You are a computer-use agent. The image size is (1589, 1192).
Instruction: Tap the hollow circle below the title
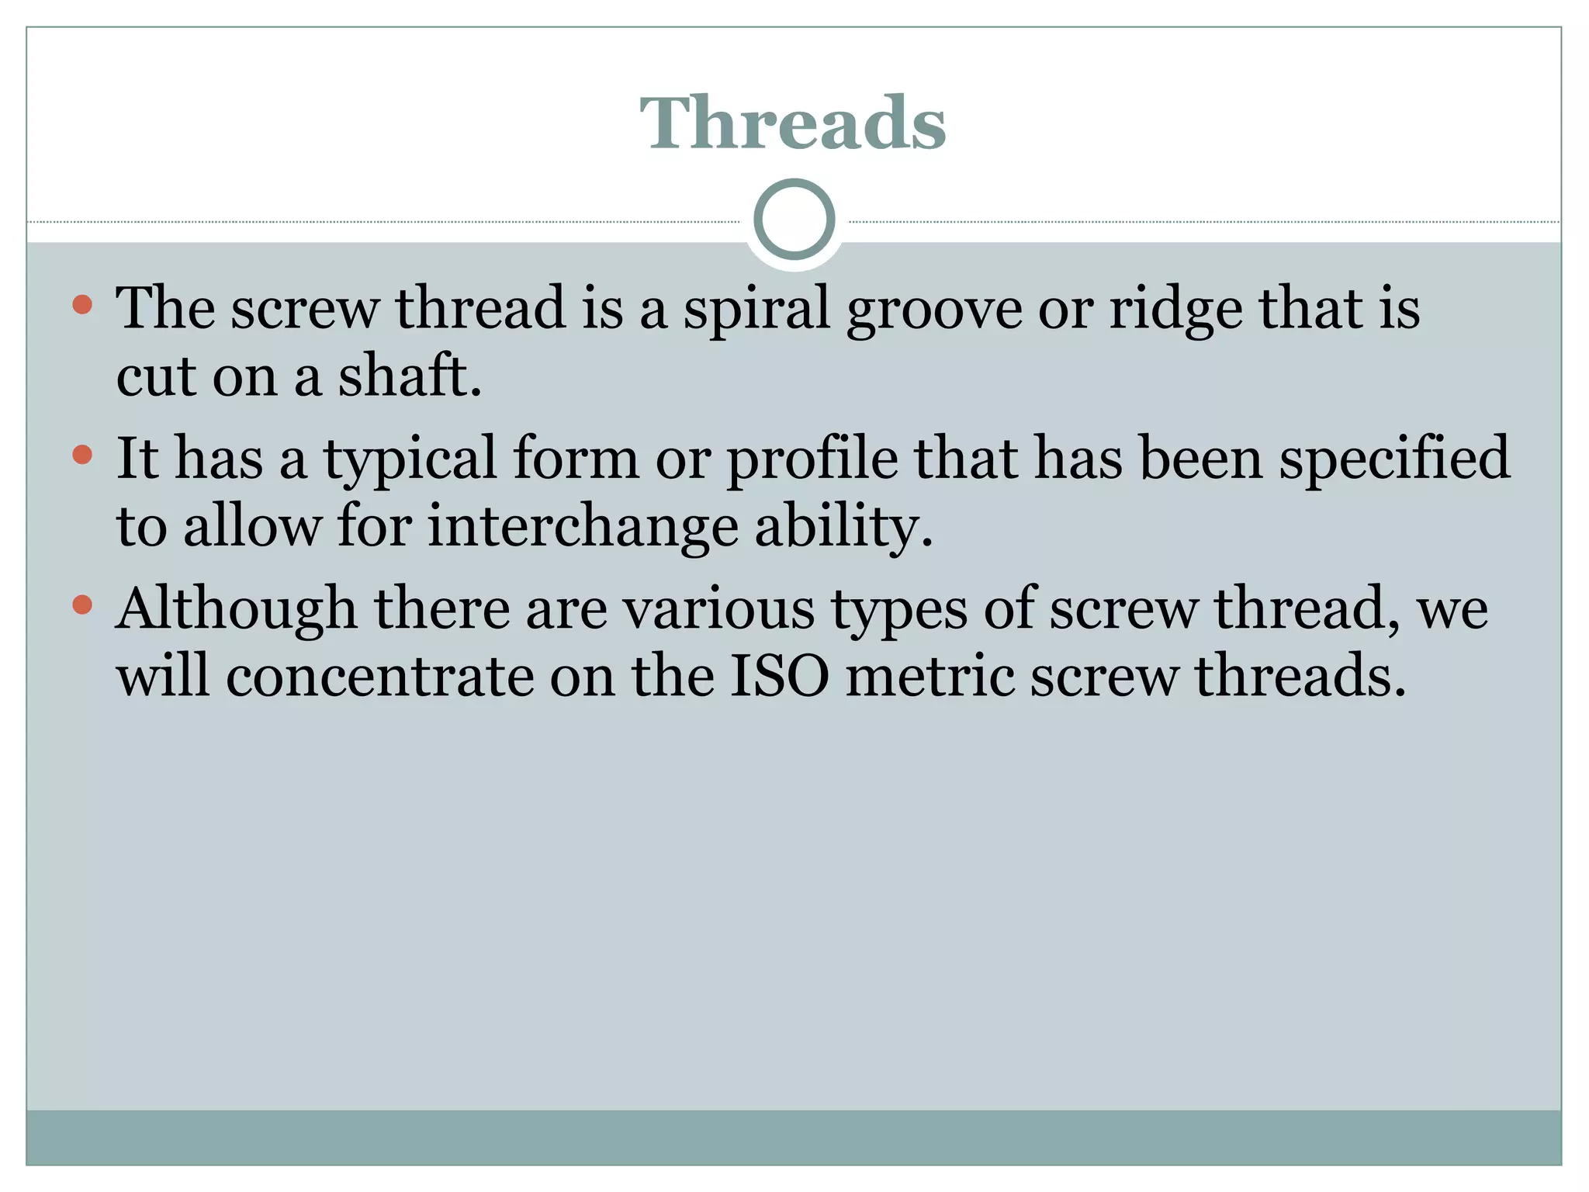[794, 220]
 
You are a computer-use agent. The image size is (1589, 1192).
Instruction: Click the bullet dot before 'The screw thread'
[82, 304]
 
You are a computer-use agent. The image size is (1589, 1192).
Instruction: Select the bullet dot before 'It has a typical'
[82, 454]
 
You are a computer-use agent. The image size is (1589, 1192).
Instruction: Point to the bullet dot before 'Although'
[82, 604]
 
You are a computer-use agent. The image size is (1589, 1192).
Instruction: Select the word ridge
[1175, 309]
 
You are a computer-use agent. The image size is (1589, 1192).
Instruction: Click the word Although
[237, 609]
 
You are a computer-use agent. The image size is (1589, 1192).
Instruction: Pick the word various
[719, 609]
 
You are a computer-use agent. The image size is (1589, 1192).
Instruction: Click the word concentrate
[379, 676]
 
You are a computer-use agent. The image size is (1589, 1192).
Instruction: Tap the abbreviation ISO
[780, 676]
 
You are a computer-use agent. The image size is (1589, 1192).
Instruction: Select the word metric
[929, 676]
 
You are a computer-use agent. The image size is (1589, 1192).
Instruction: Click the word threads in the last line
[1300, 676]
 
